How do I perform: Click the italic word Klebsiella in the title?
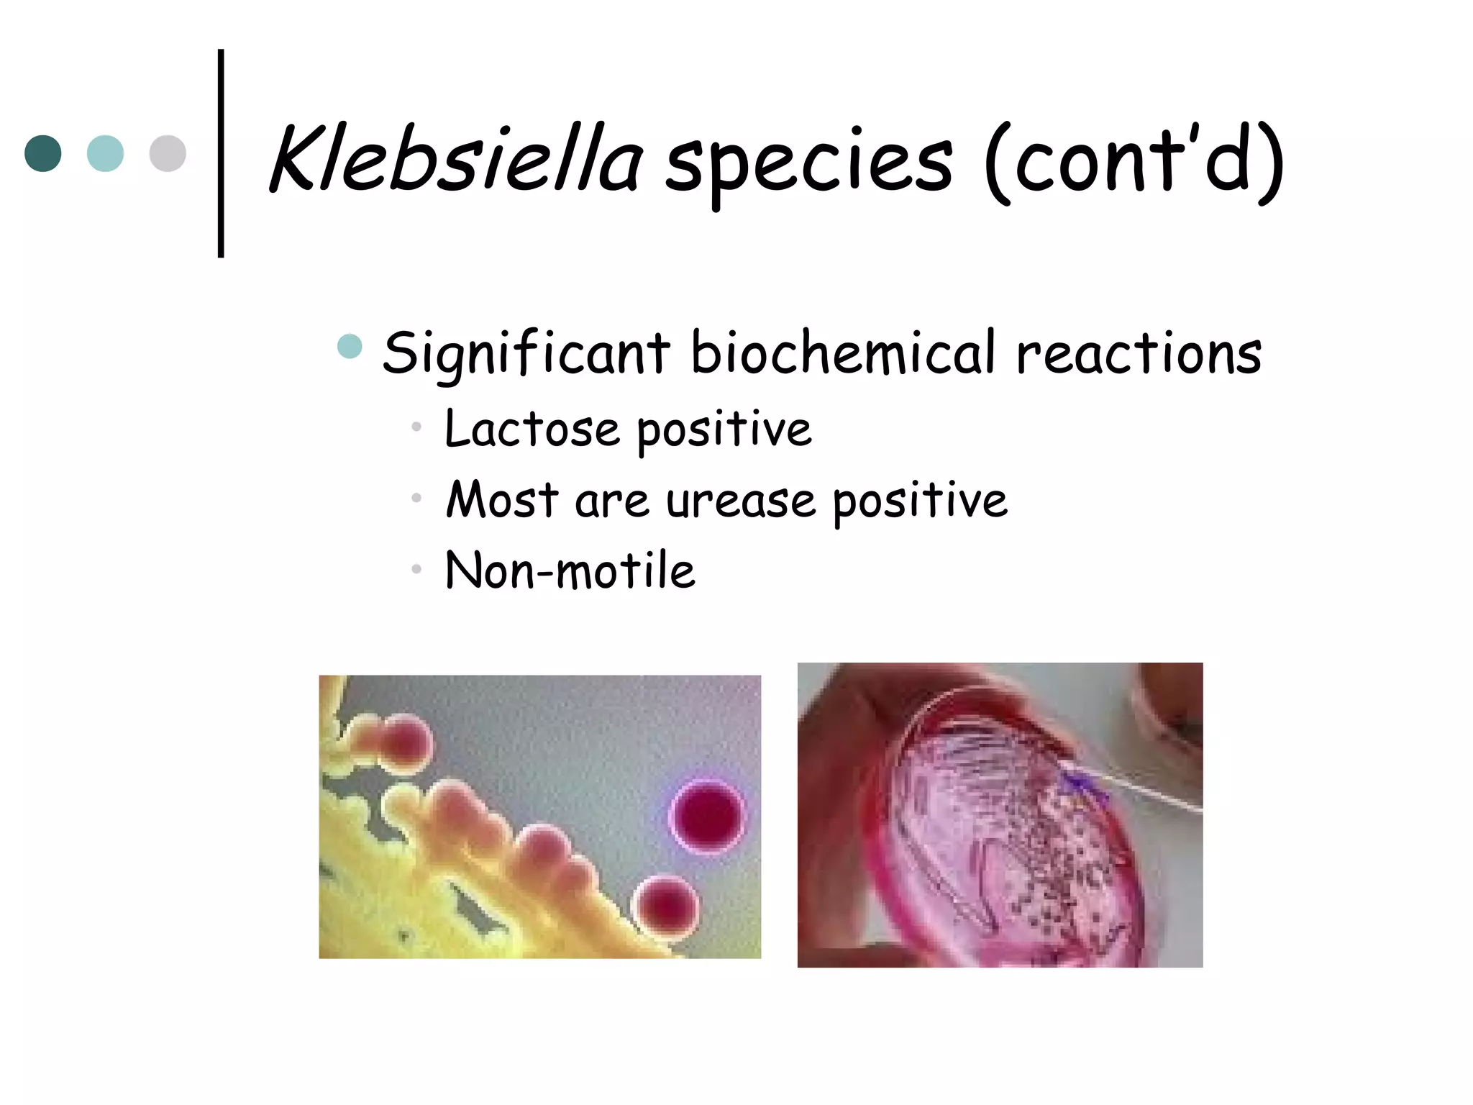coord(455,160)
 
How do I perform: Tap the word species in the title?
coord(808,164)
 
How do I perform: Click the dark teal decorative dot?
coord(43,153)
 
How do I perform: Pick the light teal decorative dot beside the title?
coord(105,153)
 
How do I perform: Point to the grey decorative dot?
coord(168,153)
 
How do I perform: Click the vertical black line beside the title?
coord(221,153)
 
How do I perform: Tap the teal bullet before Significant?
coord(350,346)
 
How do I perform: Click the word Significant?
coord(526,353)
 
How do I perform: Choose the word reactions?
coord(1139,353)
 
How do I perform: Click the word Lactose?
coord(532,429)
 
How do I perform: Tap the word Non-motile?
coord(570,570)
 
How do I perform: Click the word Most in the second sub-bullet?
coord(502,500)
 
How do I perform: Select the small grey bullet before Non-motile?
coord(416,570)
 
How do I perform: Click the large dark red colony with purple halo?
coord(708,816)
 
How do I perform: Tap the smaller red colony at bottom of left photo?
coord(666,905)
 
